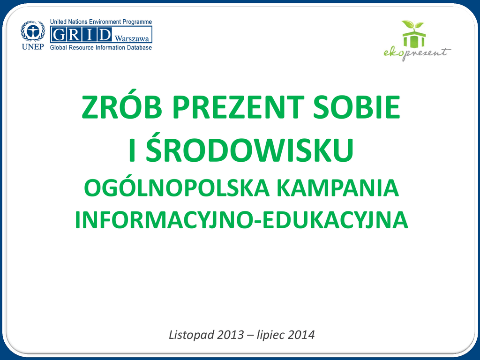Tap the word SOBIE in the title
[357, 107]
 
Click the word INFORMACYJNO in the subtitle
[164, 220]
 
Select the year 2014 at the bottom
[301, 335]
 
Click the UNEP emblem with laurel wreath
[33, 31]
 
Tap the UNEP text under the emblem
[33, 46]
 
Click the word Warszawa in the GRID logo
[132, 38]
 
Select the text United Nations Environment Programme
[101, 22]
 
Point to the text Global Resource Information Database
[101, 47]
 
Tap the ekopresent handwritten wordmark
[417, 53]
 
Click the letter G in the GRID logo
[60, 34]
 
